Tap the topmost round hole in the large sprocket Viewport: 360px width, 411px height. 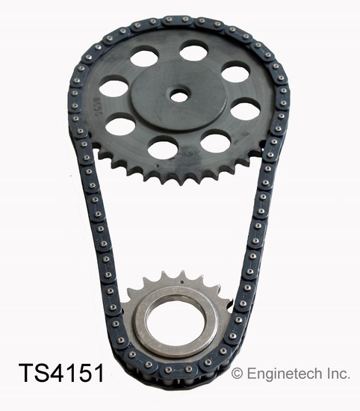(194, 52)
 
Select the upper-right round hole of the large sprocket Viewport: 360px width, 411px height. (236, 72)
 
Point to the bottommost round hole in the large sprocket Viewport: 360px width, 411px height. (163, 147)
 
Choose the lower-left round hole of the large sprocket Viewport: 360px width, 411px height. (120, 124)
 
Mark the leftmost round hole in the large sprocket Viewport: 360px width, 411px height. (114, 87)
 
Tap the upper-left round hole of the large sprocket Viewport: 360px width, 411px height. (144, 57)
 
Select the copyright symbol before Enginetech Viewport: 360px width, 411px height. (238, 372)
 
